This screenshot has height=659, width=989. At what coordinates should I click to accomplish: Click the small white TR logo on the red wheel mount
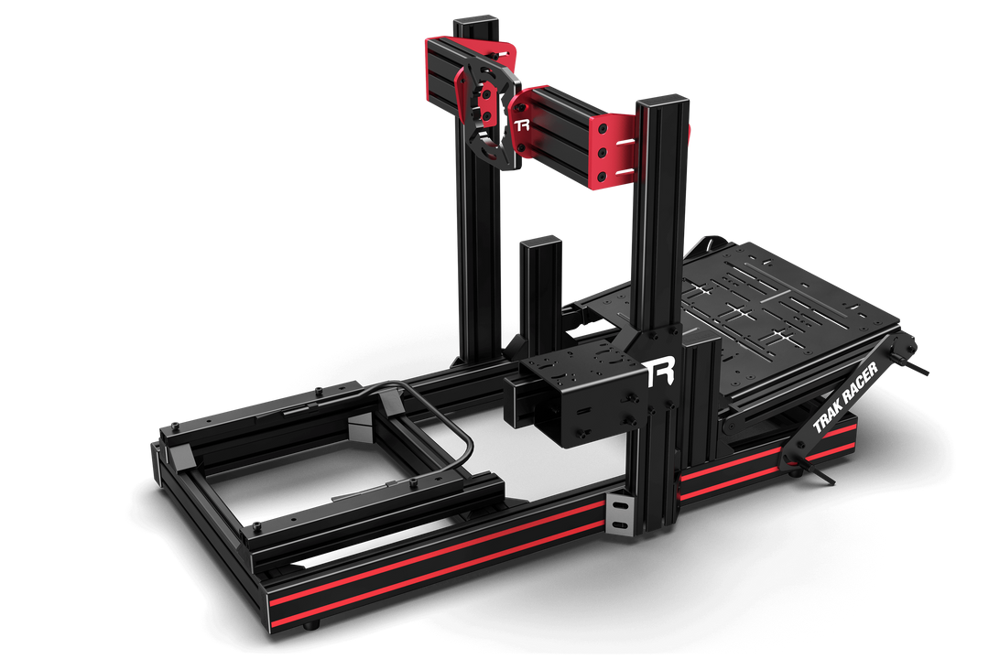coord(522,125)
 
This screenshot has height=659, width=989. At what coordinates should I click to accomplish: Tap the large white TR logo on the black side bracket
coord(658,373)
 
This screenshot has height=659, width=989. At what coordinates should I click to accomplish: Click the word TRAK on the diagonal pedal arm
coord(830,413)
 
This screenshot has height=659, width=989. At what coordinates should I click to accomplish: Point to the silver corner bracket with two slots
coord(620,514)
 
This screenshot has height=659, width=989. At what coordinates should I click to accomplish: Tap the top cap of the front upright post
coord(660,98)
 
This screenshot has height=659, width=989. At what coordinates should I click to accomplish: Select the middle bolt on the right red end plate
coord(603,151)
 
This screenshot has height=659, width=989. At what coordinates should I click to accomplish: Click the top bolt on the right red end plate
coord(603,131)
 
